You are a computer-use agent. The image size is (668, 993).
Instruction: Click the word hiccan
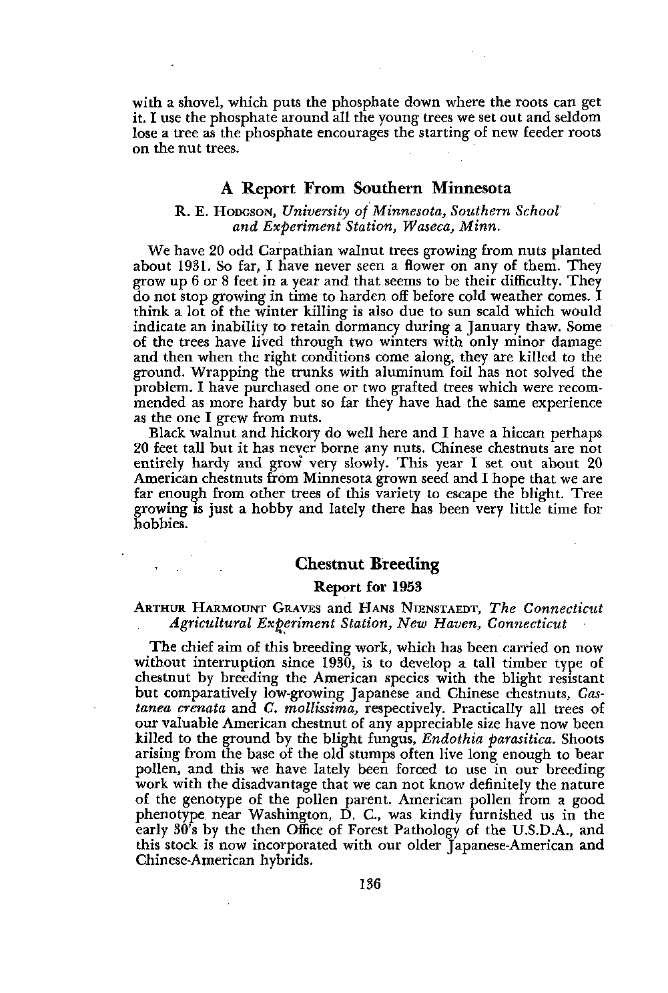[519, 431]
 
